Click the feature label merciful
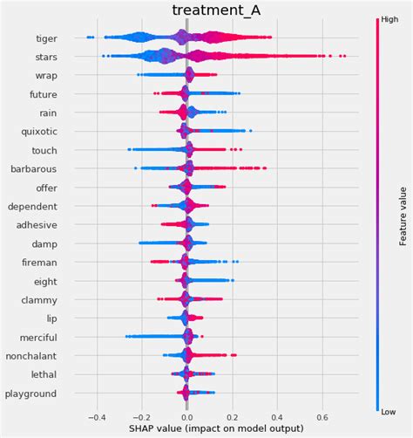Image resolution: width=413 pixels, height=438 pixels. point(36,337)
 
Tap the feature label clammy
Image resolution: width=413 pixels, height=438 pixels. point(37,299)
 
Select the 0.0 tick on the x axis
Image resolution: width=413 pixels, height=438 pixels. point(186,416)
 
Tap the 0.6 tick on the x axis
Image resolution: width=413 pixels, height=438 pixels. point(322,416)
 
